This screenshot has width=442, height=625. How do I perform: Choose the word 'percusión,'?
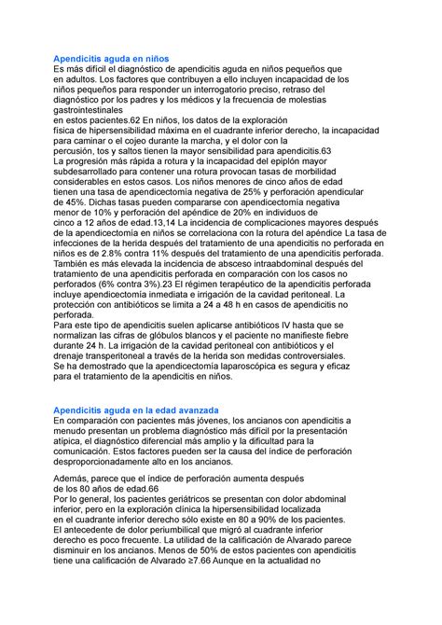click(78, 151)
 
